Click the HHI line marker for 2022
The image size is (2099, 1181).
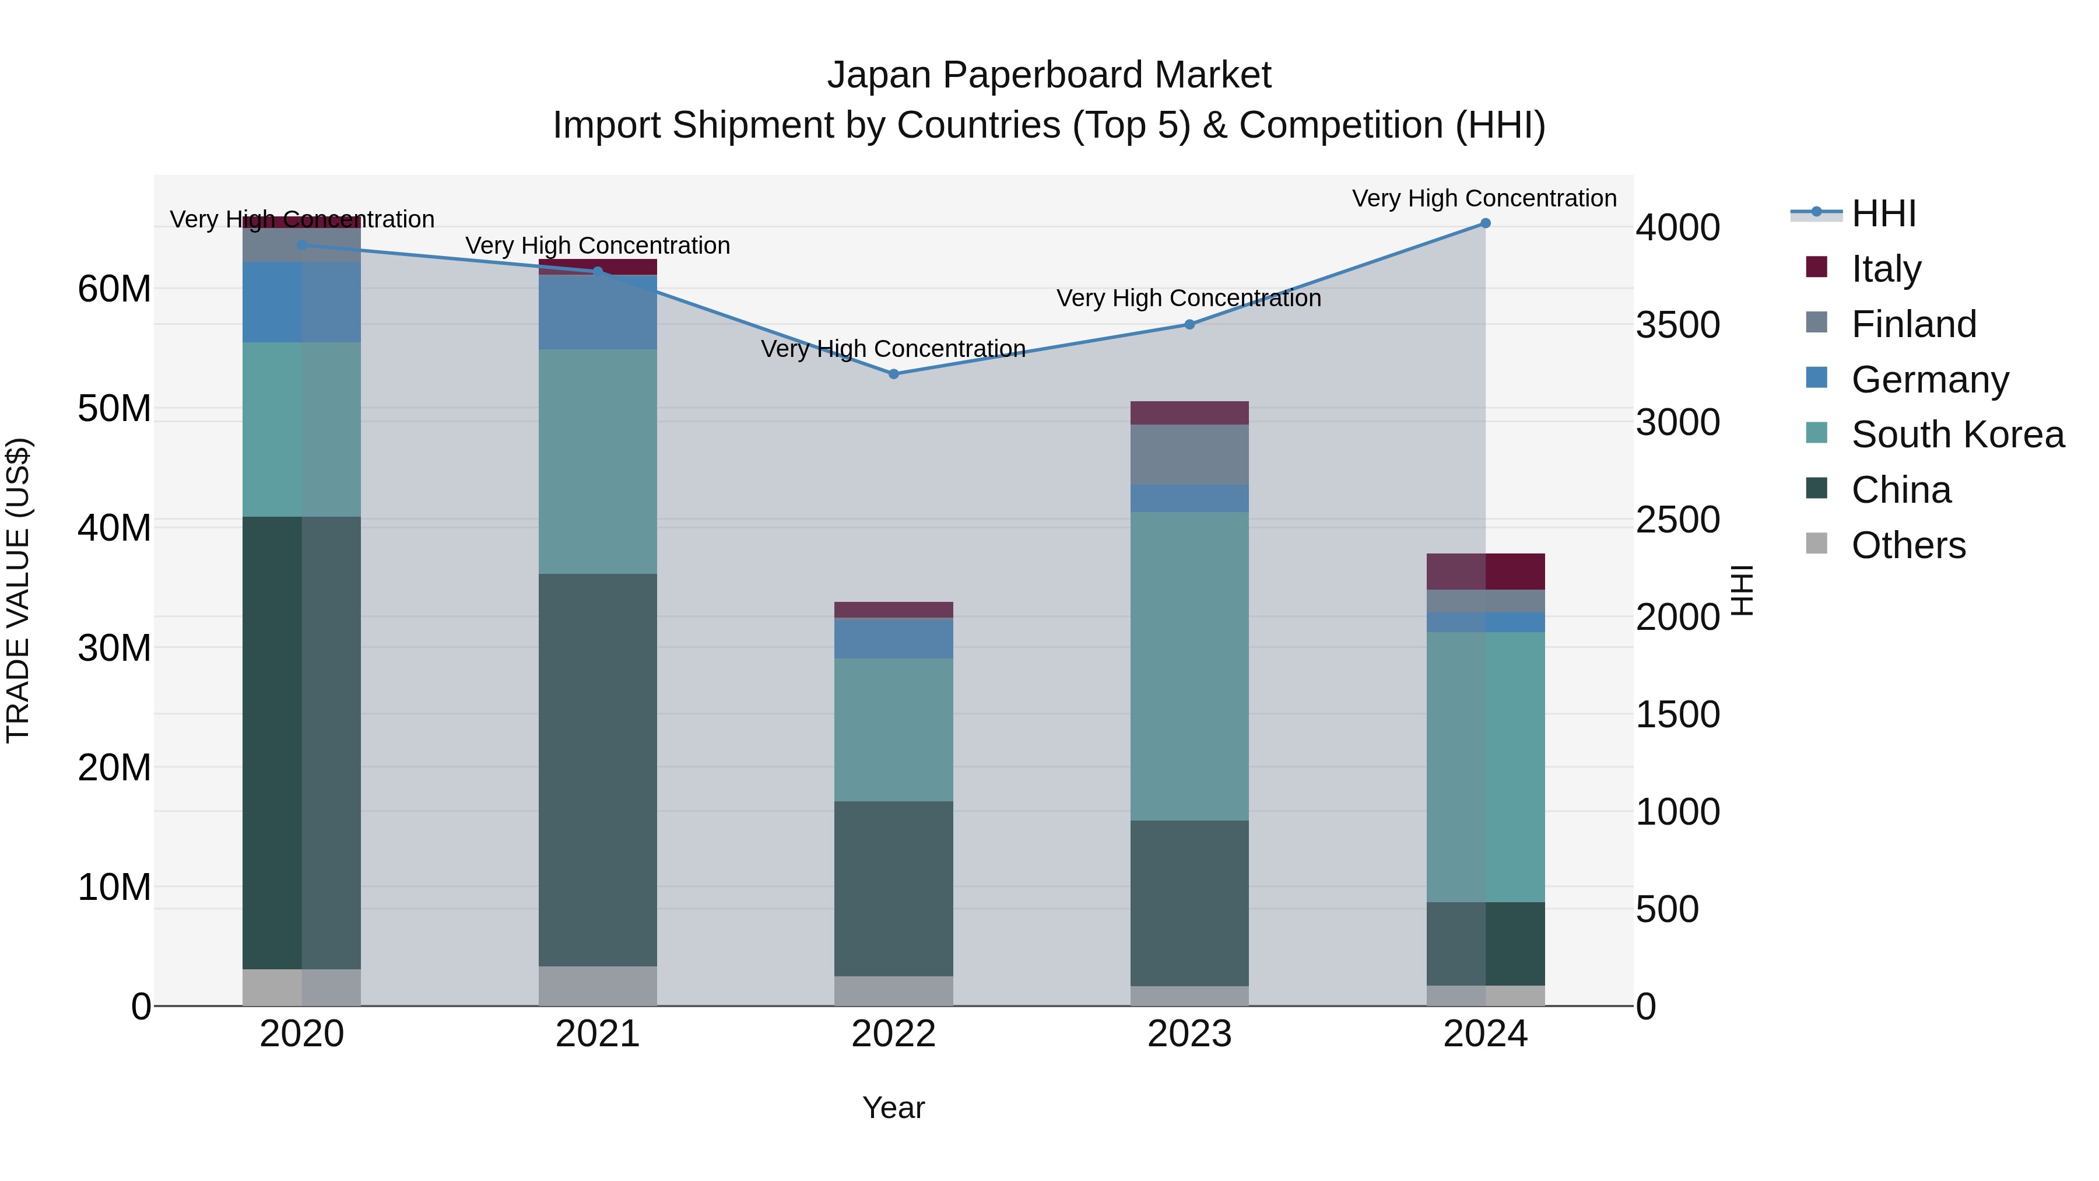(x=893, y=374)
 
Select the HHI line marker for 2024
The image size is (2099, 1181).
(x=1484, y=223)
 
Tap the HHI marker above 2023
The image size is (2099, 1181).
(x=1189, y=324)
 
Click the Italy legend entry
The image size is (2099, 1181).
(x=1886, y=268)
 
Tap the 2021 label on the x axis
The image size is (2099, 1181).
(x=597, y=1034)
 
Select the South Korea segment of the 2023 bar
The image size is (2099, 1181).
(x=1189, y=666)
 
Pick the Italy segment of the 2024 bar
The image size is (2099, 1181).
(x=1484, y=572)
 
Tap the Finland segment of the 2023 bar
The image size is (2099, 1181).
(x=1189, y=455)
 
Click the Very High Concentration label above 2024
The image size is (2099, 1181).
(x=1484, y=198)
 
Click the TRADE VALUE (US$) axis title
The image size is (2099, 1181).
(x=18, y=590)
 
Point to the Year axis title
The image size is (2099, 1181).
(x=893, y=1108)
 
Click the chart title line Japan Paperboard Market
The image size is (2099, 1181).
(x=1049, y=75)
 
